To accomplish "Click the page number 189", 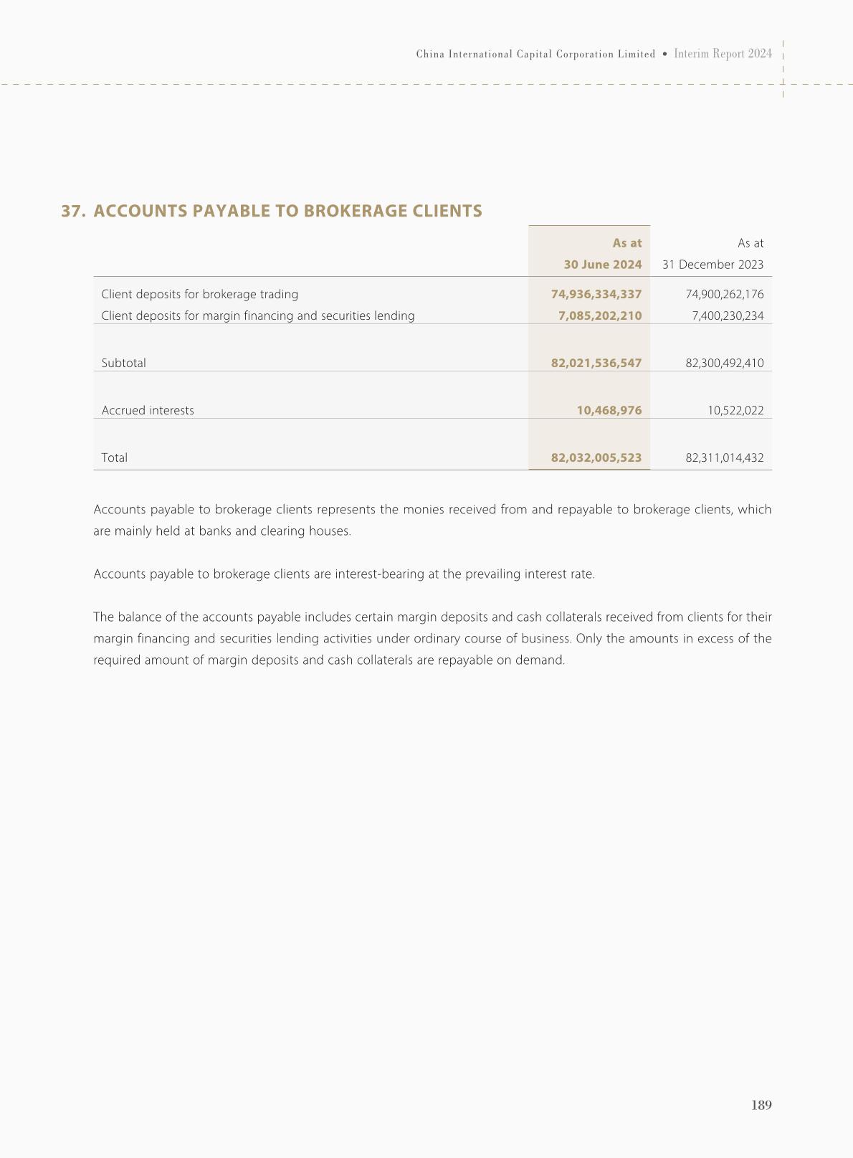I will pos(761,1105).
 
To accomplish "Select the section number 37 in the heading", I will pos(73,211).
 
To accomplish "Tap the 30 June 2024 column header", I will pos(602,265).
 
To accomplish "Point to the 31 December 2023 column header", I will pos(713,265).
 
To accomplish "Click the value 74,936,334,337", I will pos(596,294).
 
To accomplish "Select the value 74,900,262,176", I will pos(724,294).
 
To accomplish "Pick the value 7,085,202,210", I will pos(600,315).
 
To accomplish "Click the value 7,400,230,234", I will pos(728,315).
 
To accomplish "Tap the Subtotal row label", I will pos(123,363).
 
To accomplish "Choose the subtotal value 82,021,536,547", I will pos(596,363).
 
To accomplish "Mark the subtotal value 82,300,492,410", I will pos(724,363).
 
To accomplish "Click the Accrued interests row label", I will pos(148,410).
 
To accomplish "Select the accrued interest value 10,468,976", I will pos(609,410).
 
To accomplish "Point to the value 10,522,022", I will pos(735,410).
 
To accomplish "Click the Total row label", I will pos(115,457).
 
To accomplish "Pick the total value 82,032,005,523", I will pos(596,457).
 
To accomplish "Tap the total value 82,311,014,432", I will pos(724,457).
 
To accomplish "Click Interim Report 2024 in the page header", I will pos(723,54).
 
